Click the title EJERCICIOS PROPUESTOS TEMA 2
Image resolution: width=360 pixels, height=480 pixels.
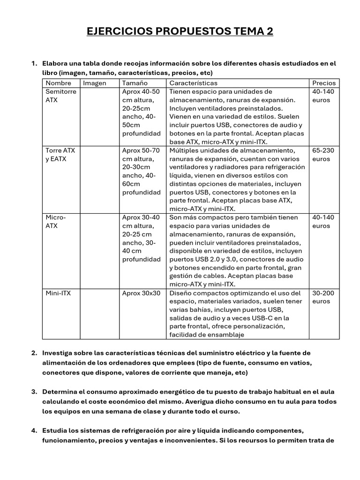(180, 31)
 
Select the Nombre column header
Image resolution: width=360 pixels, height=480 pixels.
(59, 83)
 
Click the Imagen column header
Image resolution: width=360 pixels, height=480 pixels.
(95, 83)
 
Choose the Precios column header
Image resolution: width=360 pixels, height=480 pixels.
(324, 83)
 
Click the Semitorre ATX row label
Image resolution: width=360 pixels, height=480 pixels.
(60, 96)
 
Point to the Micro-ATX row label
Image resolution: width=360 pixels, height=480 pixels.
(56, 222)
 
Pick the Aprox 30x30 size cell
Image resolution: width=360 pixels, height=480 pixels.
(141, 293)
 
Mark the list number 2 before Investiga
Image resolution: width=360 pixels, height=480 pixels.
(34, 352)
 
